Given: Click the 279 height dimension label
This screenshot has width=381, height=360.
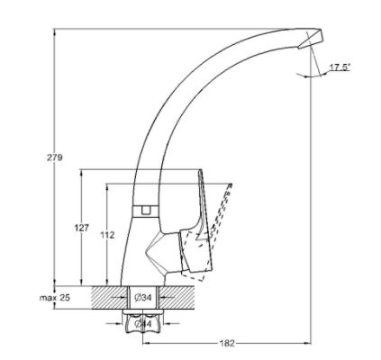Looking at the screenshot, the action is [x=54, y=157].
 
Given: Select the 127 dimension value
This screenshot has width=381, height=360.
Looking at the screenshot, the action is [x=81, y=228].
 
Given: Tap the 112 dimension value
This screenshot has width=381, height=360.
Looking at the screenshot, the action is [x=107, y=235].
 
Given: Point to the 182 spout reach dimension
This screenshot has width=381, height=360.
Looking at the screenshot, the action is [x=227, y=343].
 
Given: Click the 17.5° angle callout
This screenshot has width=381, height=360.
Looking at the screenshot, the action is [x=340, y=67].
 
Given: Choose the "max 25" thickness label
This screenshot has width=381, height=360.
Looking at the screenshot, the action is [x=55, y=298].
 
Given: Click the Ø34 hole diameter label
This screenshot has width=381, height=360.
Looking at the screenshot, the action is [x=143, y=298].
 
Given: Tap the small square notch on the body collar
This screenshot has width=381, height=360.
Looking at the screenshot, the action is [x=146, y=210].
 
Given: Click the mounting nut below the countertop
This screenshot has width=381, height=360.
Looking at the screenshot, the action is [x=143, y=322].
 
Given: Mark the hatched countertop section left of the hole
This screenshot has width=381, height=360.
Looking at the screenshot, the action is [x=109, y=298].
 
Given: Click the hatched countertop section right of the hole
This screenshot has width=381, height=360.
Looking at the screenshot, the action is [x=177, y=298].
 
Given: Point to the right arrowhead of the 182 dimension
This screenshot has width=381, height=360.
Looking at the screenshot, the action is [x=308, y=343].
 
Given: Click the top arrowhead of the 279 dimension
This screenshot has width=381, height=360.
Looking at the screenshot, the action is [x=54, y=32].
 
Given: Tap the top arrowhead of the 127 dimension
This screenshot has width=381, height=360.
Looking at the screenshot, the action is [x=81, y=174].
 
